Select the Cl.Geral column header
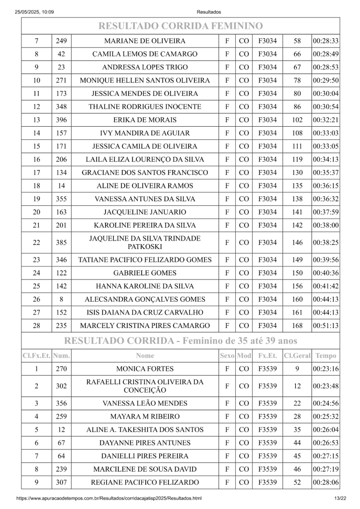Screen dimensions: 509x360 [297, 356]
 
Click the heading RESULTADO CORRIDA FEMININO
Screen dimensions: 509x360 [180, 26]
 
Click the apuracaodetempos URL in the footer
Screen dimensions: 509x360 [109, 498]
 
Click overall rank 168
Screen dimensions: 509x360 [297, 326]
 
